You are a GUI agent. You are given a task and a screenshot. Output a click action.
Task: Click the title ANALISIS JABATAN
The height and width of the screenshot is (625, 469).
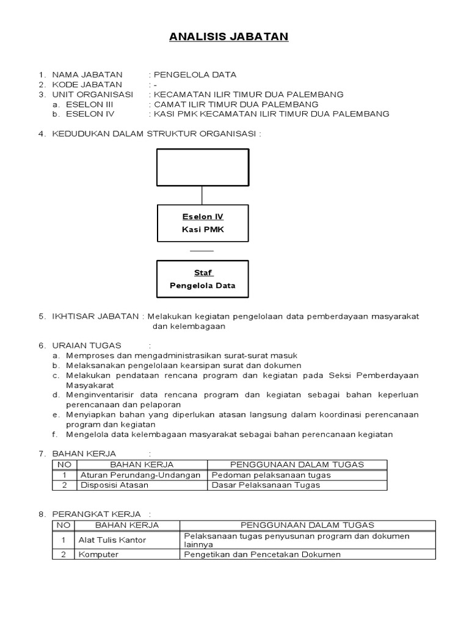[x=228, y=37]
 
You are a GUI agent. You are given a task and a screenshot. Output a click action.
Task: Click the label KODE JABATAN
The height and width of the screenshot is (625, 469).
[x=86, y=84]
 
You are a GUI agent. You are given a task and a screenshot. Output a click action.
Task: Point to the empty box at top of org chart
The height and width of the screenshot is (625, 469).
[x=203, y=167]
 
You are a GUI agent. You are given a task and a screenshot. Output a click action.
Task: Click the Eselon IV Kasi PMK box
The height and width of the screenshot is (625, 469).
[x=203, y=223]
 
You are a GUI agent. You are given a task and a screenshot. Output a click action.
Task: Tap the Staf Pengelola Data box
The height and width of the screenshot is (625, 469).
[x=203, y=280]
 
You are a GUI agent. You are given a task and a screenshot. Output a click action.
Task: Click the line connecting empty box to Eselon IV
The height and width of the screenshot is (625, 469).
[x=202, y=195]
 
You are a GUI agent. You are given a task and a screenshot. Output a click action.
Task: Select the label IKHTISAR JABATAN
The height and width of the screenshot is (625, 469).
[x=95, y=316]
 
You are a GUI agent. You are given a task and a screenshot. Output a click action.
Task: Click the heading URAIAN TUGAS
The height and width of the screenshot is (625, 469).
[x=87, y=345]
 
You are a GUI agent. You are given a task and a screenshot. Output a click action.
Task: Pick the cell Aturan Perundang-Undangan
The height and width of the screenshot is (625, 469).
[x=140, y=475]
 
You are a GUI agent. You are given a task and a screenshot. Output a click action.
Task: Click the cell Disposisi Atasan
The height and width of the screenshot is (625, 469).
[x=114, y=485]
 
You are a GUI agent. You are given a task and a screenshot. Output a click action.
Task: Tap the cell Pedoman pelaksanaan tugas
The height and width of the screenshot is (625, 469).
[x=271, y=475]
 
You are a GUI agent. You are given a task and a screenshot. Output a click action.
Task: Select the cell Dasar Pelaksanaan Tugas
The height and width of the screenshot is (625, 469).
[x=266, y=485]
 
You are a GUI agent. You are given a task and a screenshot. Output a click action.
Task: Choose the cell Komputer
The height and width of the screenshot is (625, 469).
[x=98, y=554]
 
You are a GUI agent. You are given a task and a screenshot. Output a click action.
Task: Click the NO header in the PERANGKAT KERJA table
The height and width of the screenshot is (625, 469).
[x=63, y=525]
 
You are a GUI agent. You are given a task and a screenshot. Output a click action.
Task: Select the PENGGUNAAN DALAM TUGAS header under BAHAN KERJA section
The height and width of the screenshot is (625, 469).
[x=297, y=464]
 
